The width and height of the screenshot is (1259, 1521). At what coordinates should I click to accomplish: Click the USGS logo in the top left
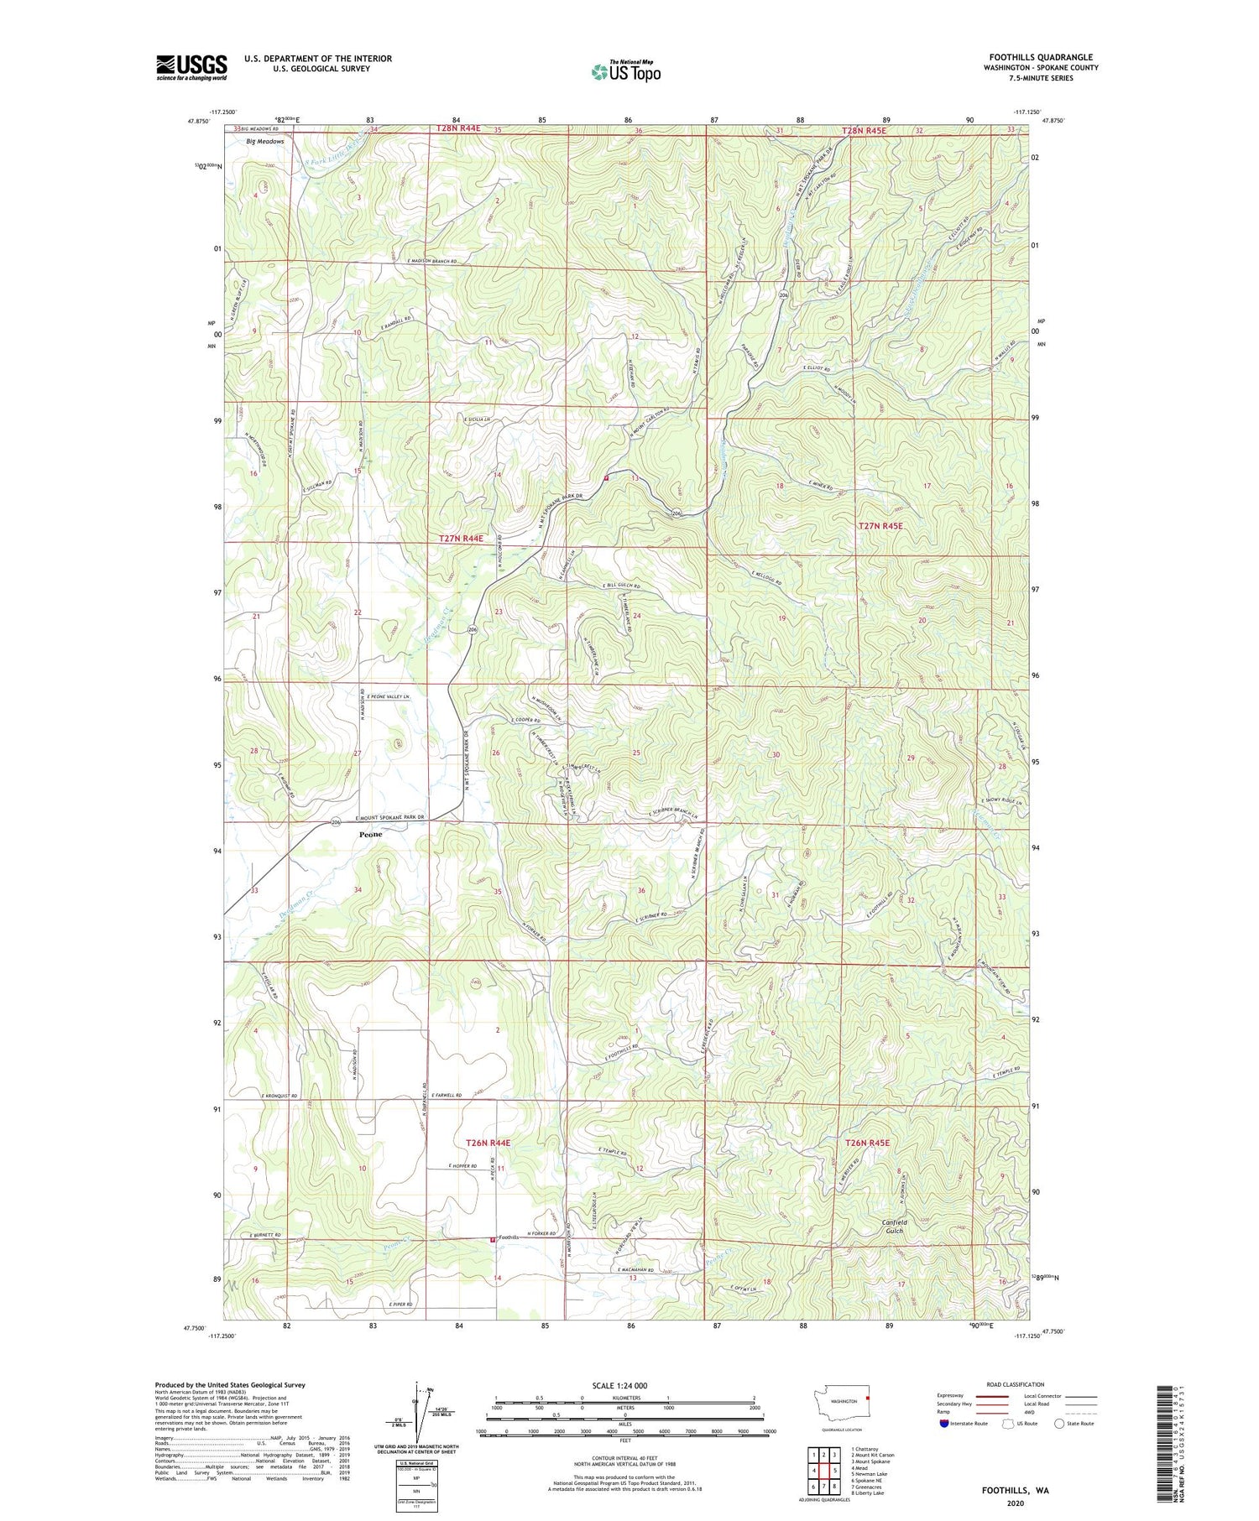coord(191,67)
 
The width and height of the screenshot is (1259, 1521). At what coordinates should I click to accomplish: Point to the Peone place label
coord(370,835)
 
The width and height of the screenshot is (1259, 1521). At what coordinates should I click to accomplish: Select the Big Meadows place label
coord(264,142)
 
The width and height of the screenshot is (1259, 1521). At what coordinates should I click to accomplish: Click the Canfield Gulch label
coord(894,1226)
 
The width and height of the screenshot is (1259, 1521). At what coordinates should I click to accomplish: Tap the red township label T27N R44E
coord(461,538)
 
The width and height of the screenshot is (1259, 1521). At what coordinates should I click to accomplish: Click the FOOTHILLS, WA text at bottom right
coord(1015,1491)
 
